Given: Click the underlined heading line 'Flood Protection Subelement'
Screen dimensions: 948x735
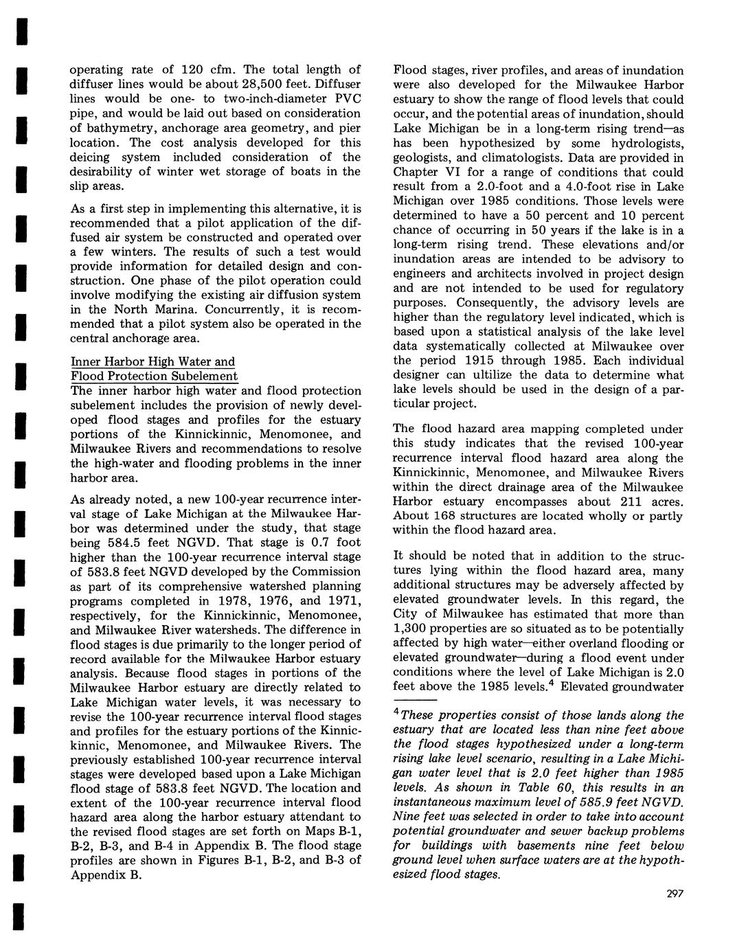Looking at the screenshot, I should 155,376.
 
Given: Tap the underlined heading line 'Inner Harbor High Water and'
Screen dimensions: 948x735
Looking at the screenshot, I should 153,361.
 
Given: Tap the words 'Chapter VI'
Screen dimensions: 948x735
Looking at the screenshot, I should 422,172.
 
